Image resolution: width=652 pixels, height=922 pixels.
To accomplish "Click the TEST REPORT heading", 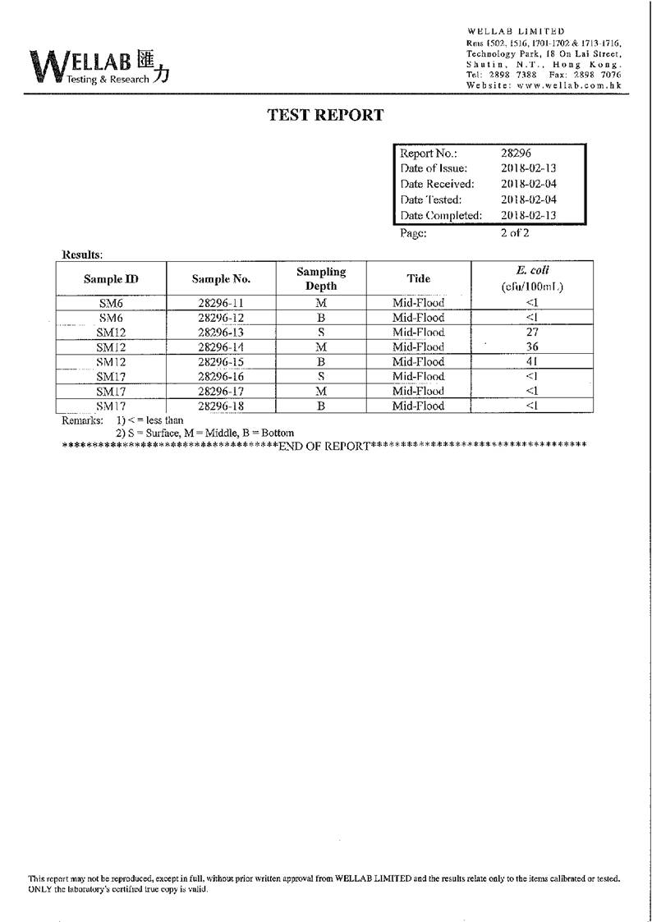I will coord(325,115).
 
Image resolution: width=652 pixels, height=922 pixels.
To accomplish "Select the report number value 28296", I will coord(516,153).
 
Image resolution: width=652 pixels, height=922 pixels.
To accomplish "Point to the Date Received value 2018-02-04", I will coord(529,184).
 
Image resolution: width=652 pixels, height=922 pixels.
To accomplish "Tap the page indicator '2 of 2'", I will coord(515,232).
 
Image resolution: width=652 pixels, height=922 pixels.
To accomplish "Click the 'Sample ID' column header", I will coord(111,279).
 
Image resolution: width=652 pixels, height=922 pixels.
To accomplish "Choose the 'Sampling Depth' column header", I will coord(321,278).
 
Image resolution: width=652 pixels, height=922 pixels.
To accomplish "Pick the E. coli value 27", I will coord(531,333).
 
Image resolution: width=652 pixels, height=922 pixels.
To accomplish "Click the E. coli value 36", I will coord(531,347).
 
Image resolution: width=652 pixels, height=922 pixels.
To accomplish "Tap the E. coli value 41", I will coord(531,362).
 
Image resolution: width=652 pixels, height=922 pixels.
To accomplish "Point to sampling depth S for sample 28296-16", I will coord(321,376).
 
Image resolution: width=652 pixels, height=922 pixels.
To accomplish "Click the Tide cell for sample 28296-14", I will coord(418,347).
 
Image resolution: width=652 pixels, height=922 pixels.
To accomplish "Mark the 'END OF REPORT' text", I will coord(324,446).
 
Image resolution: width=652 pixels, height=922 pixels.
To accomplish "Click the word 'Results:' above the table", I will coord(82,255).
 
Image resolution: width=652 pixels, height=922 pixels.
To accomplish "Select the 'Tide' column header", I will coord(418,278).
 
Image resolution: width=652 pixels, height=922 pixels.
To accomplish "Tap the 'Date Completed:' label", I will coord(440,215).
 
